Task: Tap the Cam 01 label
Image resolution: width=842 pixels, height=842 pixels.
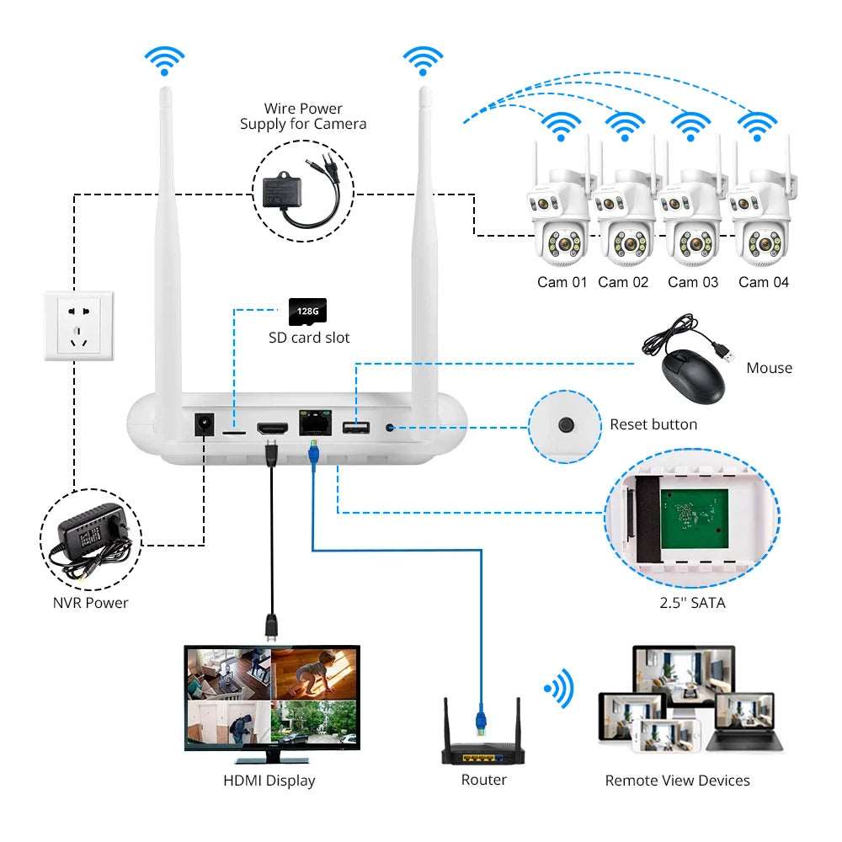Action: (x=562, y=282)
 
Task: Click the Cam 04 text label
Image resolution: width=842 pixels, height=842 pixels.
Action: (x=764, y=282)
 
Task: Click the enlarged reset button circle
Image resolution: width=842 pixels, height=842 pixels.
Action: (x=567, y=424)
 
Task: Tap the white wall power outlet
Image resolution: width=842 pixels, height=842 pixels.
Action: (x=79, y=326)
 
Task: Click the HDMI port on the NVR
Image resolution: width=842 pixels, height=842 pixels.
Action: (x=271, y=428)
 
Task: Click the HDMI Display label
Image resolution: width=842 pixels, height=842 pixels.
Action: (x=269, y=781)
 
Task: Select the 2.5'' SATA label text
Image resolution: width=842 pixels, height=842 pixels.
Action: (x=692, y=602)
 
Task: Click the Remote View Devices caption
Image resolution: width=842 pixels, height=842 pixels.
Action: (x=678, y=781)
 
